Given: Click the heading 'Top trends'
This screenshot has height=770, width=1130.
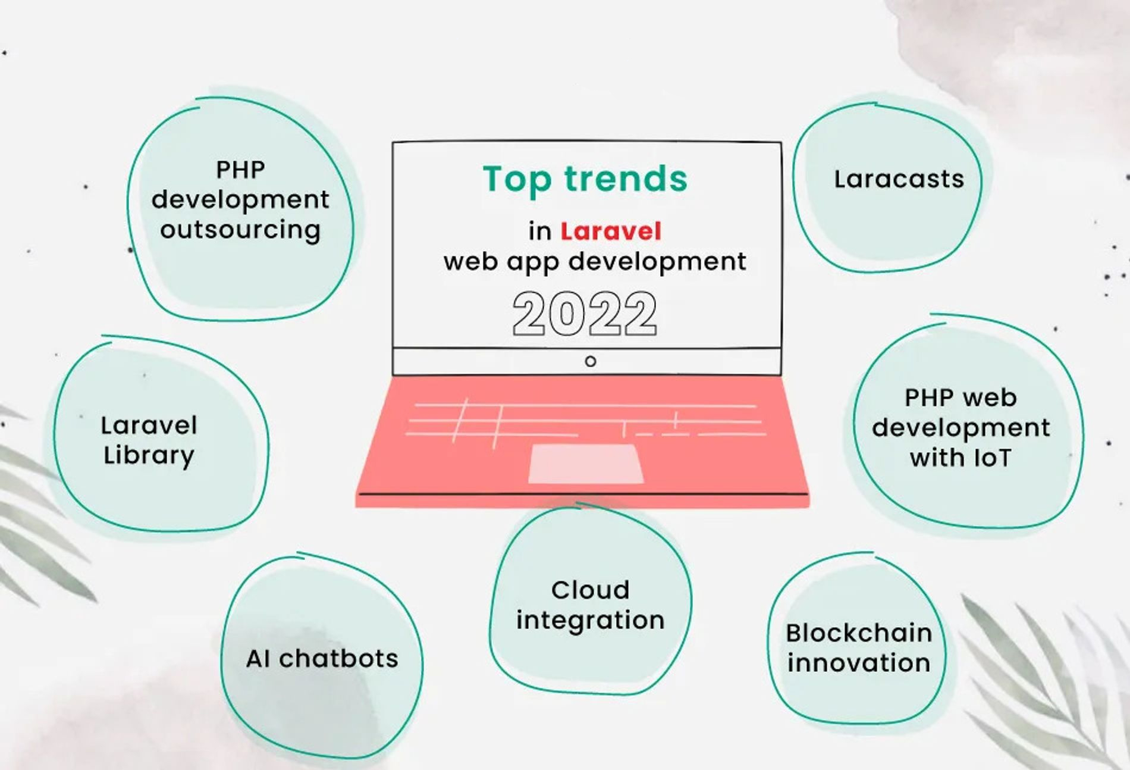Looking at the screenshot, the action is (585, 180).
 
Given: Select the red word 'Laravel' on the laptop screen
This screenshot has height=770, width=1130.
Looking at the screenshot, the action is (611, 231).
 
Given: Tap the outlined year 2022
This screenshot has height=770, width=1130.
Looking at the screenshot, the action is (585, 314).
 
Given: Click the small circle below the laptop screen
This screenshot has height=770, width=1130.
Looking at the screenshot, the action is (591, 361).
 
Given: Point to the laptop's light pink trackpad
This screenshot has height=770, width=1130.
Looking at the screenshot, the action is (586, 464).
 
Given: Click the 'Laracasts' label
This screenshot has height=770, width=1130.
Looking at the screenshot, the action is (899, 179).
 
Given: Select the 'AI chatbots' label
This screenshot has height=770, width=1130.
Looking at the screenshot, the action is (322, 658).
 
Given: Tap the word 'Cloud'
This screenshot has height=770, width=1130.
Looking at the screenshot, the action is (591, 590).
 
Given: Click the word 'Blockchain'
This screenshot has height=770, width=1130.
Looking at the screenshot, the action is (859, 633).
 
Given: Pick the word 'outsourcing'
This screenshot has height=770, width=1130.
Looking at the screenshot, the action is (240, 230).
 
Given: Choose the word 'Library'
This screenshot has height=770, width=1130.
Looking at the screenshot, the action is (149, 456).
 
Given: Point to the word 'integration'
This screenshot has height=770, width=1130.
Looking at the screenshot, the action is (591, 620).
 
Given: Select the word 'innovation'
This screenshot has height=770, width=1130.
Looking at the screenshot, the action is (859, 663).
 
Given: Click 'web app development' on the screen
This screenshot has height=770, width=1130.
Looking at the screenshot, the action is (595, 262).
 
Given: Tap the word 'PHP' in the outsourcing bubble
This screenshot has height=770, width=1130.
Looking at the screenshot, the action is (240, 170).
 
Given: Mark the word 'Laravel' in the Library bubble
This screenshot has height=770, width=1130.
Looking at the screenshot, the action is (149, 425).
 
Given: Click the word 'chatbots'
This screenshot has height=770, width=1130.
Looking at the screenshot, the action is (339, 658).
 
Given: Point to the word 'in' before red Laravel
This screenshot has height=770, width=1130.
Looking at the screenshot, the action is (540, 231).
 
